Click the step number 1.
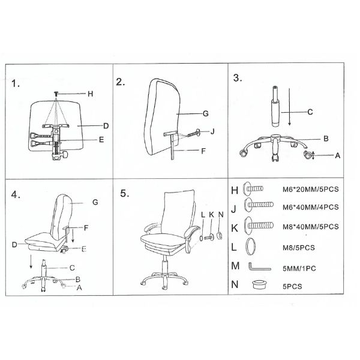[x=16, y=83]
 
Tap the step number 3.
[x=238, y=78]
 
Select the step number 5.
[x=125, y=194]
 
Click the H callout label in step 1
[x=90, y=94]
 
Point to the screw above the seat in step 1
[x=56, y=93]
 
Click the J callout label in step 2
[x=212, y=131]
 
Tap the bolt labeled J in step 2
[x=193, y=133]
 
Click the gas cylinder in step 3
[x=275, y=106]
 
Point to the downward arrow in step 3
[x=290, y=107]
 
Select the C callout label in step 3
[x=310, y=112]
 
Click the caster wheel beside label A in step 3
[x=308, y=155]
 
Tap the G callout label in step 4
[x=95, y=202]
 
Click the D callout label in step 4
[x=14, y=245]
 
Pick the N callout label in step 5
[x=221, y=215]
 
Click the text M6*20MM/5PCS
[x=310, y=190]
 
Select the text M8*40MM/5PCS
[x=310, y=227]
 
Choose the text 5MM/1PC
[x=299, y=269]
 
